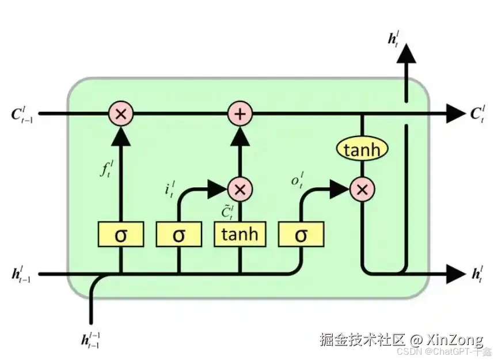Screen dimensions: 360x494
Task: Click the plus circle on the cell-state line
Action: tap(240, 114)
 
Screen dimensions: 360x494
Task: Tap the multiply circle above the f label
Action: tap(120, 114)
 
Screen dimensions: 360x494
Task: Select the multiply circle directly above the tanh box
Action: tap(240, 188)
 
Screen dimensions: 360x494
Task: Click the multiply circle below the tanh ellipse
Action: tap(362, 188)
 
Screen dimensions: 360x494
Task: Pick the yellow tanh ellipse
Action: tap(362, 150)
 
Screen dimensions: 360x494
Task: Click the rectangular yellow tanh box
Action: tap(240, 234)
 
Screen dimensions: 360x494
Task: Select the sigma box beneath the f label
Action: tap(120, 234)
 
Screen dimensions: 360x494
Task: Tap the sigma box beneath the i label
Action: tap(178, 234)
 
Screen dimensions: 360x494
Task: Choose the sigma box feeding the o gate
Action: tap(301, 234)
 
